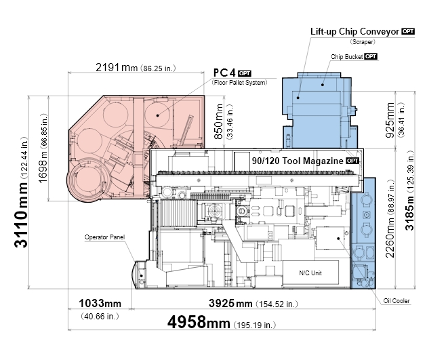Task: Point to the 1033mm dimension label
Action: pos(100,303)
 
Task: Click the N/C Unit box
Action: pos(310,273)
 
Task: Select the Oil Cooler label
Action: pos(396,301)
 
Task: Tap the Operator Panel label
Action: pos(104,237)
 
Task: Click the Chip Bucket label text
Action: pos(346,57)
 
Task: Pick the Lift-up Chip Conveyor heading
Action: pos(354,32)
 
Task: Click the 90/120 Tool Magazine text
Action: pos(298,161)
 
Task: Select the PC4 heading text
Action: pos(224,73)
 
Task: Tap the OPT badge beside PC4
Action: pos(244,73)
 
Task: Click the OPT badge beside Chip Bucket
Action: pos(371,56)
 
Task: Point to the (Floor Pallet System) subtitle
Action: pos(239,83)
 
